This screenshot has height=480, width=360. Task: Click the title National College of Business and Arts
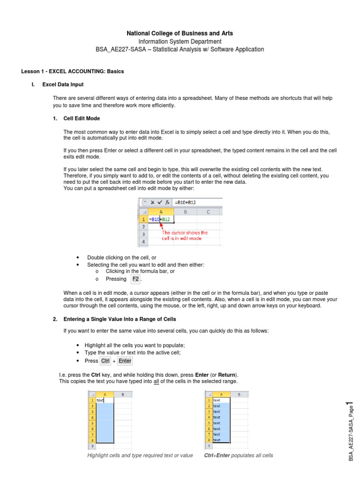coord(180,33)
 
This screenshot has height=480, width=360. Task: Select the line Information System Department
coord(180,41)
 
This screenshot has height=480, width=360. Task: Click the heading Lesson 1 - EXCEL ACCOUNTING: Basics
coord(73,71)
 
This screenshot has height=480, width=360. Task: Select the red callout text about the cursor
coord(185,235)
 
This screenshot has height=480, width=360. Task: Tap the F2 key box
coord(135,279)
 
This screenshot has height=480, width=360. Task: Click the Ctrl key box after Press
coord(105,361)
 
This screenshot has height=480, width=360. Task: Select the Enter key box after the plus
coord(125,361)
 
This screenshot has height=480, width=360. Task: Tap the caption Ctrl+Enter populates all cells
coord(239,456)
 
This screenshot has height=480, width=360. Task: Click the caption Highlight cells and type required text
coord(140,456)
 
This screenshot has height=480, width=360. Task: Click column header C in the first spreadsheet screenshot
coord(208,211)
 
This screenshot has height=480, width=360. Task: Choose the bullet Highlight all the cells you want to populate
coord(135,345)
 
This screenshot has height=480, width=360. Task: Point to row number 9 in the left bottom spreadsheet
coord(92,446)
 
